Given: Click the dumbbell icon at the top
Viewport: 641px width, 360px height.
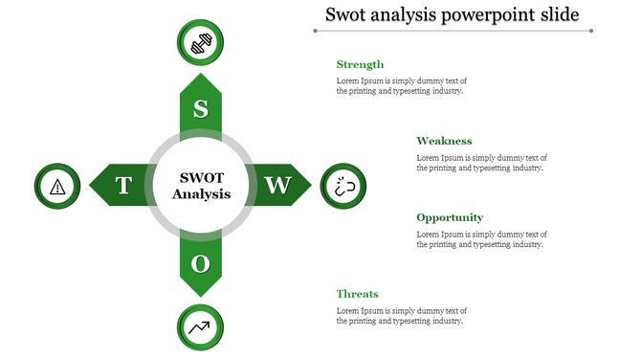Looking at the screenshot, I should click(201, 44).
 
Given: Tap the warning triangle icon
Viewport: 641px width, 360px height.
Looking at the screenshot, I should click(58, 186).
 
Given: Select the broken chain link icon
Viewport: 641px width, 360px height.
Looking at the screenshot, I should click(343, 187).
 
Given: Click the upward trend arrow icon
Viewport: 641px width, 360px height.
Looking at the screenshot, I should click(201, 327).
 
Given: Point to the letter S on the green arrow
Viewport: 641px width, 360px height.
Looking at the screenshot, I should click(201, 109).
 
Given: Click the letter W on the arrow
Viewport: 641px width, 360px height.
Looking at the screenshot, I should click(277, 186).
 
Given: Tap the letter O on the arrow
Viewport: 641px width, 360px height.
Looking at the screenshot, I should click(201, 262).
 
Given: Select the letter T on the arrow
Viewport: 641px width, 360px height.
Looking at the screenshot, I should click(123, 186).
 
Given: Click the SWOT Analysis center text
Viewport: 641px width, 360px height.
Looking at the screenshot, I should click(201, 186).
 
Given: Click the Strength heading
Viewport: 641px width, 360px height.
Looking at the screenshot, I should click(360, 64).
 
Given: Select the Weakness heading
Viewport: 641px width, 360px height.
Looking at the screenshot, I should click(444, 141).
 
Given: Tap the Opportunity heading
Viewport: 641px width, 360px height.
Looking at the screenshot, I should click(450, 217).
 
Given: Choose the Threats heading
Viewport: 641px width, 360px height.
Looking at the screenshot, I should click(357, 294).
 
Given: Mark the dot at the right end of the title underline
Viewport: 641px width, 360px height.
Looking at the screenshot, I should click(591, 31).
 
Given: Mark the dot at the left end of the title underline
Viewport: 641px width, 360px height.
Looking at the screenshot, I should click(315, 31).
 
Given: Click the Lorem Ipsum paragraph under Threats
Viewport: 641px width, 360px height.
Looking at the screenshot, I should click(401, 316).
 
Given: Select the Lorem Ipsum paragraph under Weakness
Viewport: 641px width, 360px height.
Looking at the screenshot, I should click(481, 163).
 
